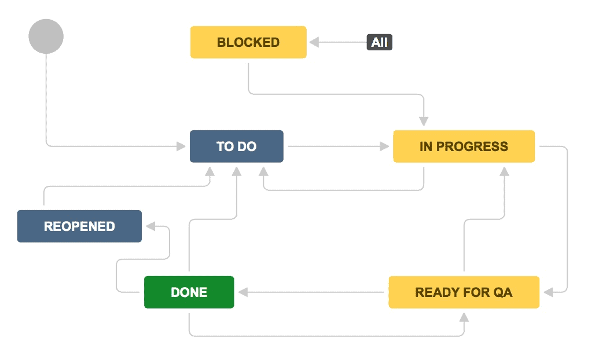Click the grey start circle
coord(46,36)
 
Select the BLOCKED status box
coord(248,42)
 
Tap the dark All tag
coord(379,42)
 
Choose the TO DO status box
coord(237,146)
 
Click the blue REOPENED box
coord(79,226)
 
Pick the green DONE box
coord(189,292)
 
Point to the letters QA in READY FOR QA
coord(502,292)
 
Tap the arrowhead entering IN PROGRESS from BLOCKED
coord(424,121)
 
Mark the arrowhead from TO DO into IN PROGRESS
coord(384,146)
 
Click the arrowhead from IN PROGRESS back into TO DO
coord(263,172)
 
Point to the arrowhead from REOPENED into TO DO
coord(210,172)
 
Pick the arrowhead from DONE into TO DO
coord(237,172)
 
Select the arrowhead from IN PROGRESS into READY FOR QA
coord(548,292)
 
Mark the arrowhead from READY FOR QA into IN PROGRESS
coord(505,172)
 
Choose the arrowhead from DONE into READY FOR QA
coord(464,317)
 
